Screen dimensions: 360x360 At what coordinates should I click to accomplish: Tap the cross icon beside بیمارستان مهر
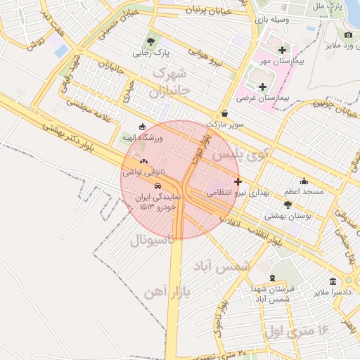point(283,50)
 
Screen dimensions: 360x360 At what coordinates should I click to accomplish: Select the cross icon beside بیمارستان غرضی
point(262,86)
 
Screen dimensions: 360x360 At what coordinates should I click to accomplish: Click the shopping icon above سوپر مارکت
point(224,113)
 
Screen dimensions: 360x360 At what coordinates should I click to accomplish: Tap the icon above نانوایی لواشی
point(144,161)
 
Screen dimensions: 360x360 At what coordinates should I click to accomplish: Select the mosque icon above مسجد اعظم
point(304,180)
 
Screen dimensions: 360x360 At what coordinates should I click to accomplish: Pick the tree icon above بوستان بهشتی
point(307,204)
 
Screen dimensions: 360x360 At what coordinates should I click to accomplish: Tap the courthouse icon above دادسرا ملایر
point(333,281)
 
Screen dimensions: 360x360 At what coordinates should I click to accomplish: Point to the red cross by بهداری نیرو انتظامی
point(238,181)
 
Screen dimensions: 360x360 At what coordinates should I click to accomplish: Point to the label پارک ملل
point(328,6)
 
